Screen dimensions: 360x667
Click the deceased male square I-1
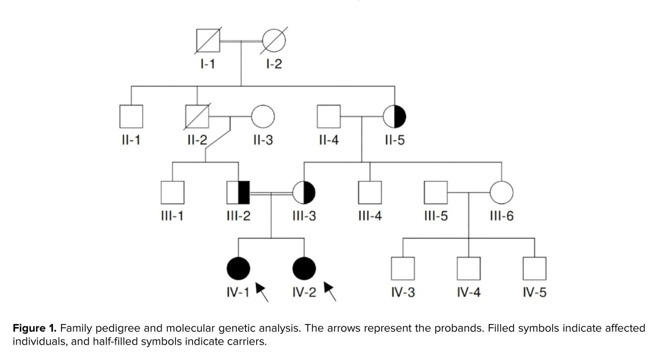208,41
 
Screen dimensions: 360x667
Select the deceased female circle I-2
274,40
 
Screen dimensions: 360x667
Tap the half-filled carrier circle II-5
395,117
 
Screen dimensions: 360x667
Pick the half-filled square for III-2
238,193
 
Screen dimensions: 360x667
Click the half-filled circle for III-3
304,193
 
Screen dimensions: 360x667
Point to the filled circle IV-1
238,269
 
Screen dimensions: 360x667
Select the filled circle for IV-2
304,269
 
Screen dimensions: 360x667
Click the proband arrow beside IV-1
262,292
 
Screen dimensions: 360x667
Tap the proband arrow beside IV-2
330,291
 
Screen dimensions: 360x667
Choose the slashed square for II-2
197,117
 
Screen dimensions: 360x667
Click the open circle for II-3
263,117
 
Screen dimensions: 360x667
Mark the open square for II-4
328,117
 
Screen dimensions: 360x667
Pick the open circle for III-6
501,193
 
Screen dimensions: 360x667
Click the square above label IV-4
469,269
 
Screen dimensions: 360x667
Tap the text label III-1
172,216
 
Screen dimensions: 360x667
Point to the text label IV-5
534,293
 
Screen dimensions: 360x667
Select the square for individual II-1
131,117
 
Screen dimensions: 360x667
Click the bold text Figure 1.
34,328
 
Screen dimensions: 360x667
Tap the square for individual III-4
370,193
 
